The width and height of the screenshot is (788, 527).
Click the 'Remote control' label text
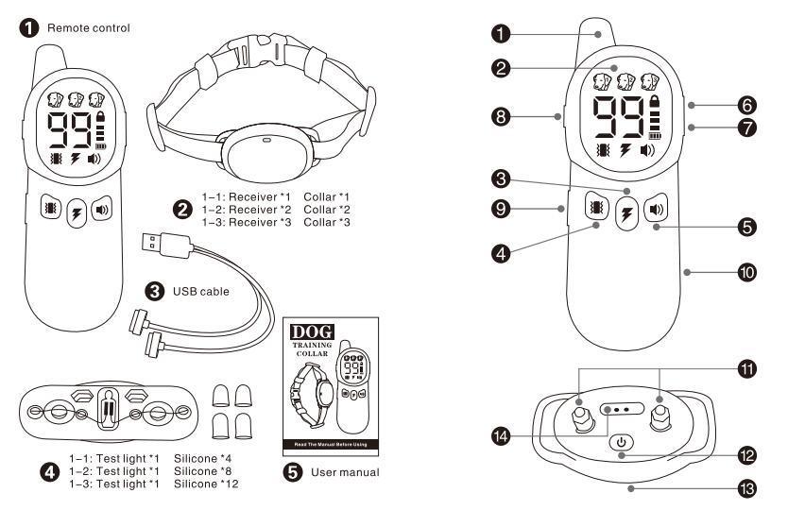pos(83,28)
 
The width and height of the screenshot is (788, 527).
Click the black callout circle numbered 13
pos(747,489)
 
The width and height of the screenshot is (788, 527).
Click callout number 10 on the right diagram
pos(747,272)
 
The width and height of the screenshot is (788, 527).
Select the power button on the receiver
pos(621,441)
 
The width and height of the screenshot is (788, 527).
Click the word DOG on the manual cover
pos(309,333)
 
